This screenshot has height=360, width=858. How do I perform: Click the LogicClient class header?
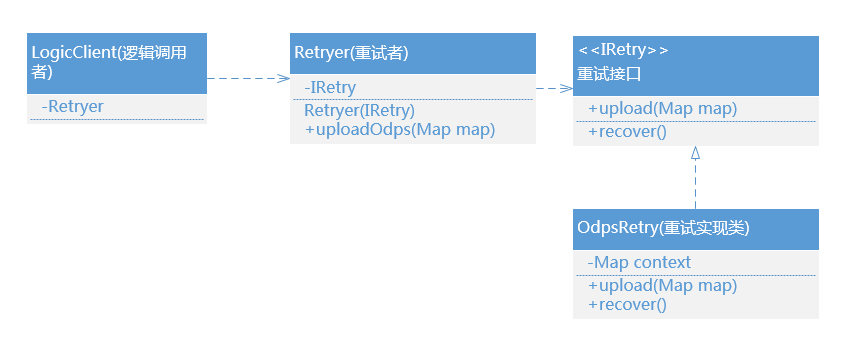point(116,61)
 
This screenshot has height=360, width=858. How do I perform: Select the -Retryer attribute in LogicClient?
point(73,106)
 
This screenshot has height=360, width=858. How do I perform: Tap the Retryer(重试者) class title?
point(351,52)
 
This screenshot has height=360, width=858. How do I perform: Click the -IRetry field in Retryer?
point(329,89)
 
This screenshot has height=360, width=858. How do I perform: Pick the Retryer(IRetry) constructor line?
point(359,110)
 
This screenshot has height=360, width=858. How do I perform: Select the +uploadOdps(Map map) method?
point(400,129)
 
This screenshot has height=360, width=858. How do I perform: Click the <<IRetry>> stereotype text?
point(623,49)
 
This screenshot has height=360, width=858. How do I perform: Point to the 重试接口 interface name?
point(609,74)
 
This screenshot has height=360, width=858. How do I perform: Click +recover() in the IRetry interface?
point(627,131)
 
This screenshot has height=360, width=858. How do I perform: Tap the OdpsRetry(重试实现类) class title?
point(664,228)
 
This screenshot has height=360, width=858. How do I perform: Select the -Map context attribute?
point(639,262)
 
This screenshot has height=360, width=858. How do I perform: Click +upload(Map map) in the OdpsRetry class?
point(662,285)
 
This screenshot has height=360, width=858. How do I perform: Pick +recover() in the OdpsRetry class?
point(627,304)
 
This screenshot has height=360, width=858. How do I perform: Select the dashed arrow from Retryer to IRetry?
point(552,88)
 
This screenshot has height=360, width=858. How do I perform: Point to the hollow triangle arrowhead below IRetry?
point(695,153)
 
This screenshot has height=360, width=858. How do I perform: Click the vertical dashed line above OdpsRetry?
point(695,185)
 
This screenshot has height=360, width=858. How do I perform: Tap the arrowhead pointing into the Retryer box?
point(284,77)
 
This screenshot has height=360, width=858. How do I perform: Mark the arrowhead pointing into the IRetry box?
point(568,88)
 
